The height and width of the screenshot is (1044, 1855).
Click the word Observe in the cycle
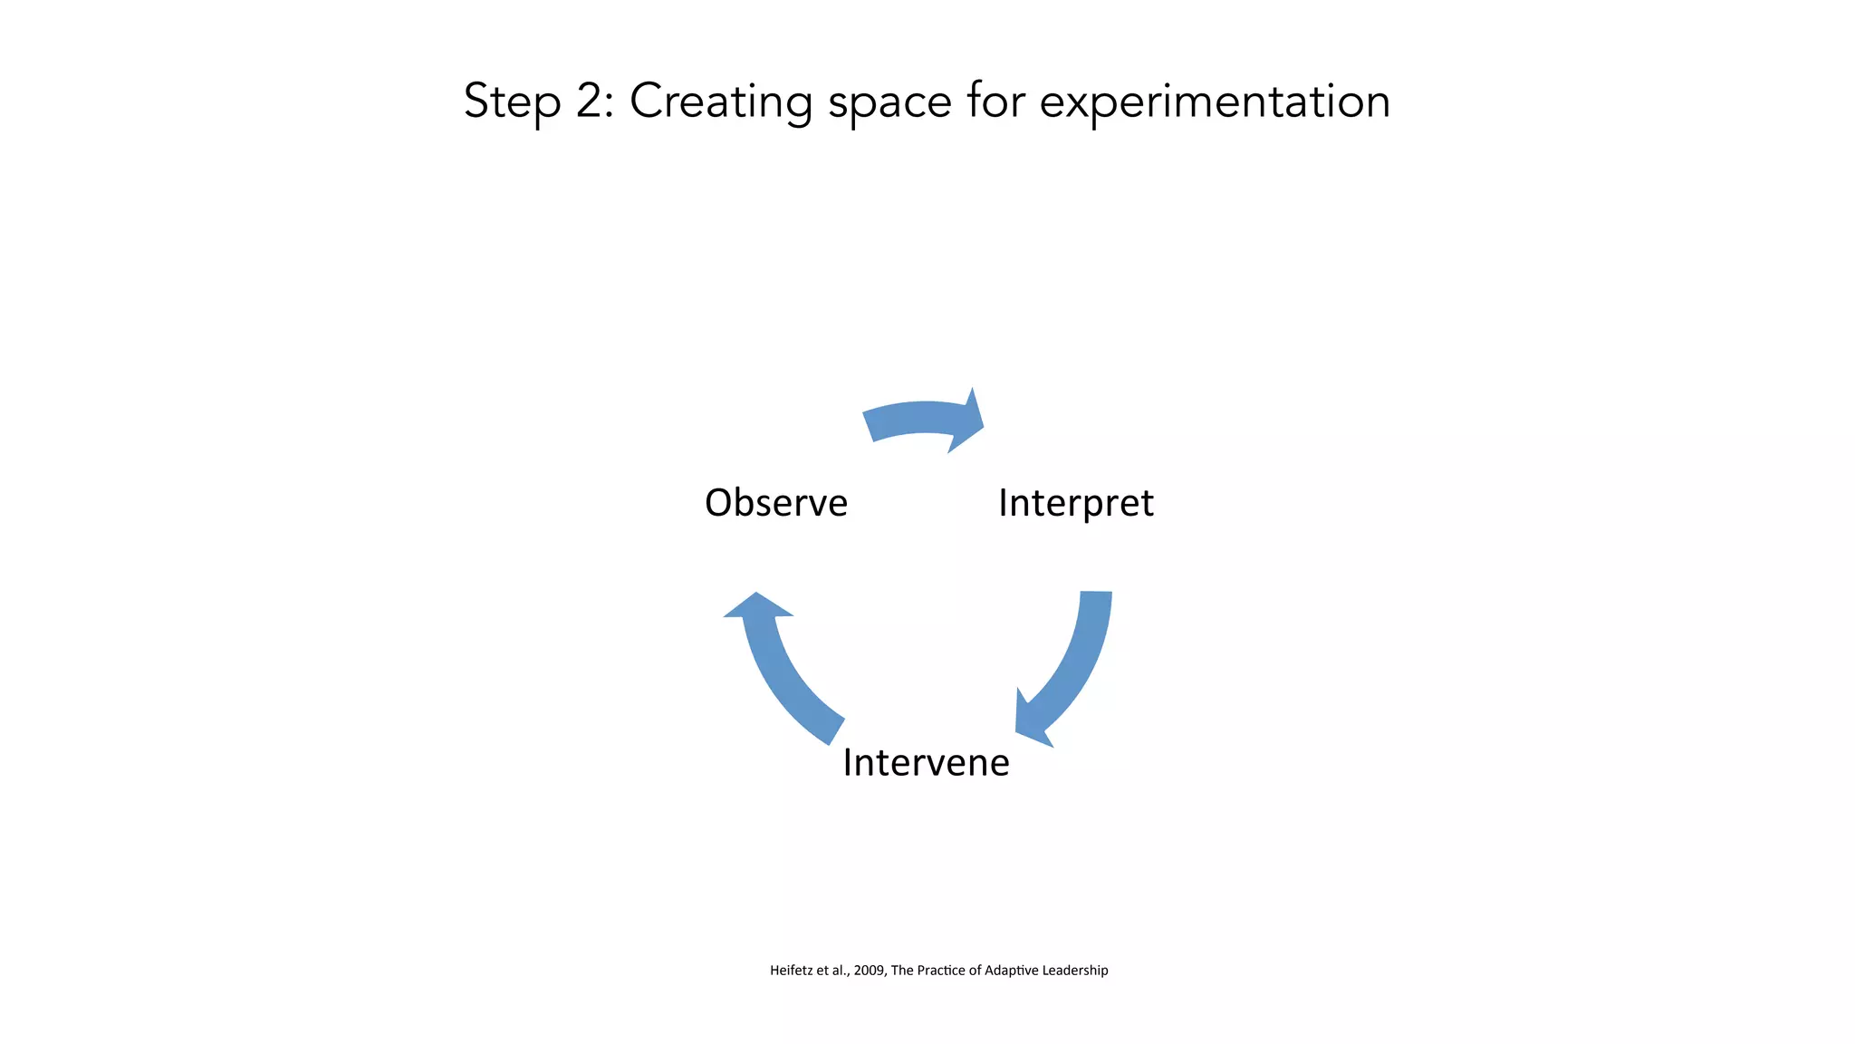click(776, 503)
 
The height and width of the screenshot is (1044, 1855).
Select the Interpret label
click(1075, 503)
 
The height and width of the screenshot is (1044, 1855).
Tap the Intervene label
click(926, 763)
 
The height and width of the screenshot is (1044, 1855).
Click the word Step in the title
click(512, 101)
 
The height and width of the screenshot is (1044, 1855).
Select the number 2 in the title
click(593, 101)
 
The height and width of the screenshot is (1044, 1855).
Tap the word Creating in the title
click(721, 101)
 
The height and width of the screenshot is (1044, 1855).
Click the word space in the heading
click(889, 101)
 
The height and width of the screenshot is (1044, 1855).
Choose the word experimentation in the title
click(1214, 101)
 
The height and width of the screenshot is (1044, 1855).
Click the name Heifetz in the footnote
click(792, 971)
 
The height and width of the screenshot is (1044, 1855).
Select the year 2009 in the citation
click(869, 971)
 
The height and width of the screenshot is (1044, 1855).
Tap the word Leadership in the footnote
click(1075, 971)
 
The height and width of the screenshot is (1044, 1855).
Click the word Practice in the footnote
click(940, 971)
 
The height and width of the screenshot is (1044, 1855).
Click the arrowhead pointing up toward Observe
click(757, 606)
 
